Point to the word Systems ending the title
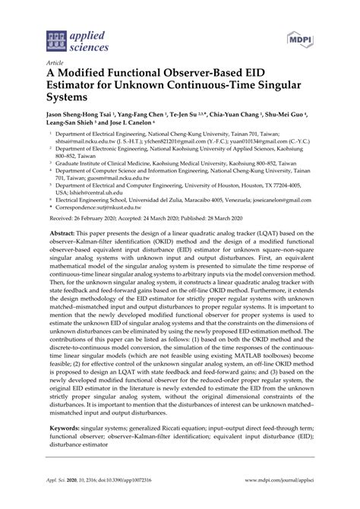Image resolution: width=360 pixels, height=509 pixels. click(58, 99)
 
